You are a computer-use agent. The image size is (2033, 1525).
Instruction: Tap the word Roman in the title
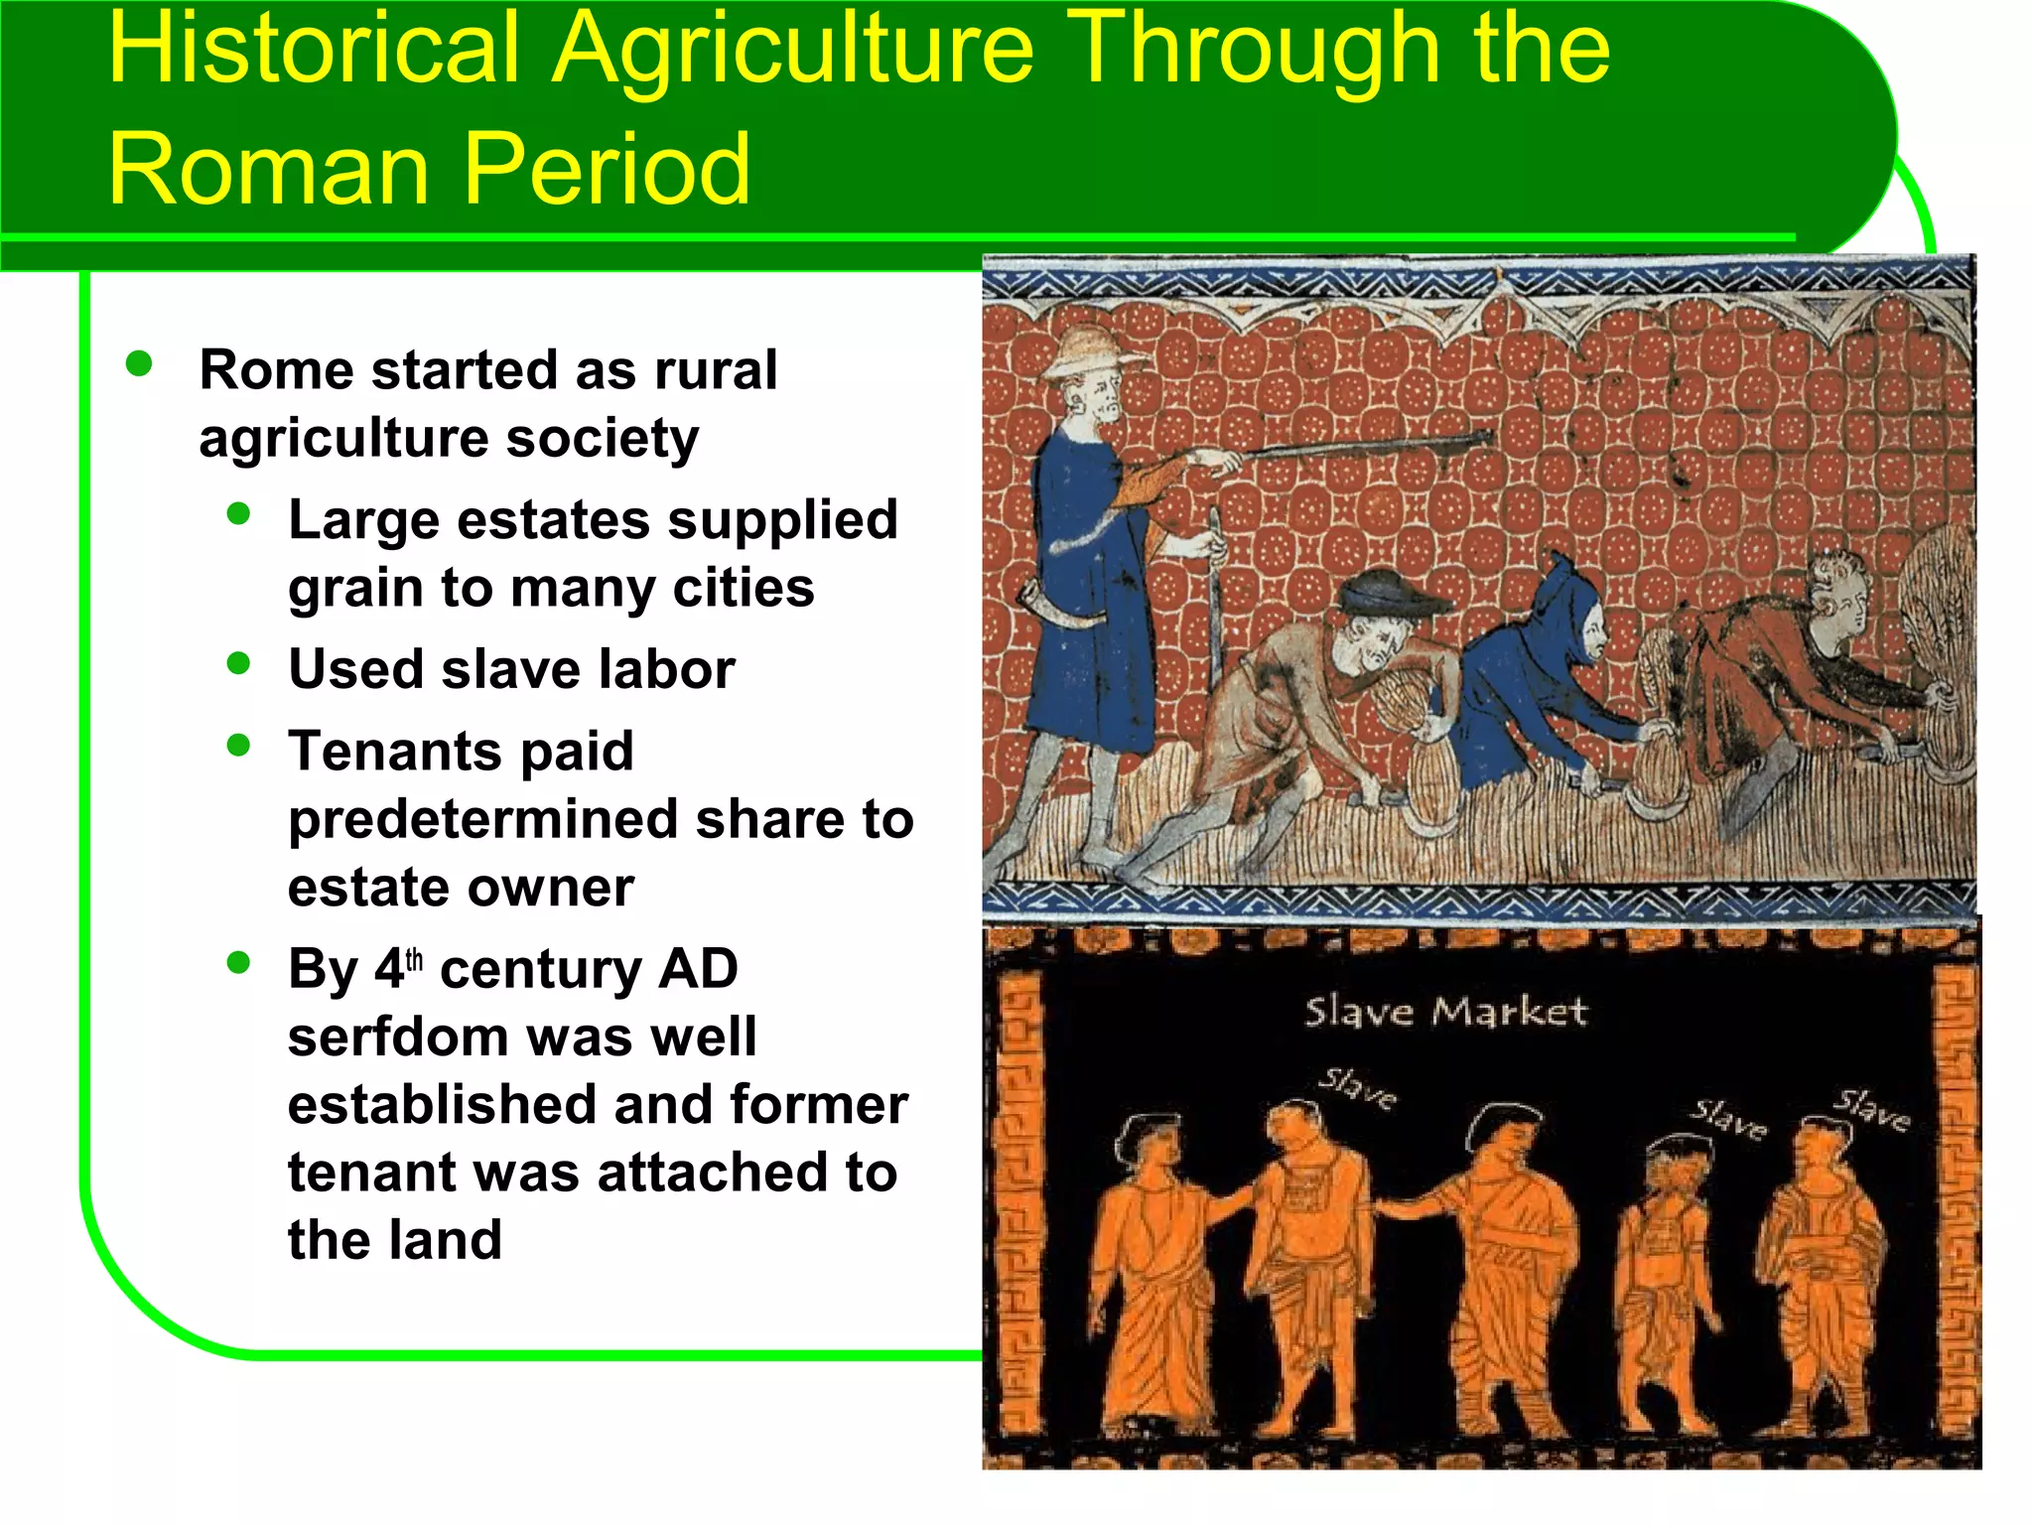pos(268,169)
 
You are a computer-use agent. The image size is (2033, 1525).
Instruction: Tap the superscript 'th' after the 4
pos(414,959)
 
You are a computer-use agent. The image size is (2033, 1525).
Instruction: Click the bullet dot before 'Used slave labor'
pos(238,663)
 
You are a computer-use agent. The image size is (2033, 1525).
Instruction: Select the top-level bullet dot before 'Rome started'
pos(139,363)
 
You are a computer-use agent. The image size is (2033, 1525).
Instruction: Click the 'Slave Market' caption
pos(1445,1012)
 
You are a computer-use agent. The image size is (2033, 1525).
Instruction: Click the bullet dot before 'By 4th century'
pos(238,962)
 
